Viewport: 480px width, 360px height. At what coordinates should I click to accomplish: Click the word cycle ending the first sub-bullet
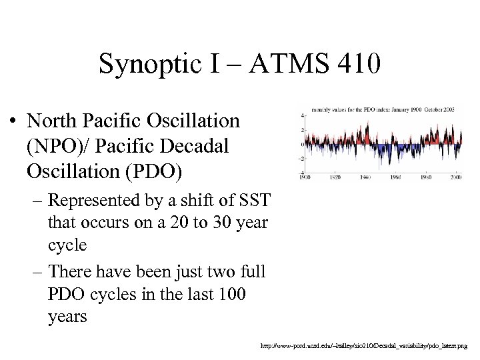click(67, 245)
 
